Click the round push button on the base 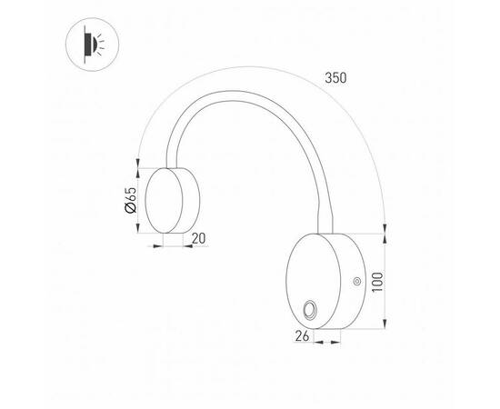click(x=309, y=310)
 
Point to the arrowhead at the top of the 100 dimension click(x=388, y=238)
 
